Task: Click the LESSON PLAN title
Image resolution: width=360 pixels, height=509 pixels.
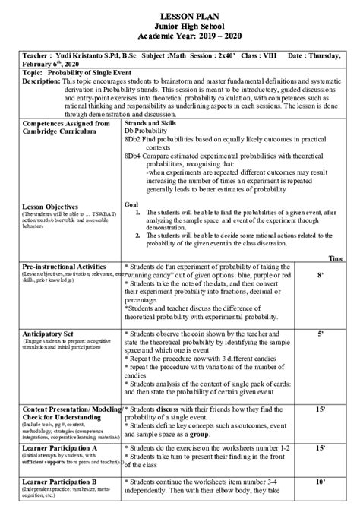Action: [x=180, y=16]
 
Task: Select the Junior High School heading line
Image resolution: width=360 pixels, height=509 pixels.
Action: [x=180, y=26]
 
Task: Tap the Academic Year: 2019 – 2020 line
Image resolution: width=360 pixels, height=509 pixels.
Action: [x=180, y=36]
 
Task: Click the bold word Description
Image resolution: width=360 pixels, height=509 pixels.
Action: [x=41, y=80]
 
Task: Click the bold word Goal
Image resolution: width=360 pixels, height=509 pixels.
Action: [x=131, y=204]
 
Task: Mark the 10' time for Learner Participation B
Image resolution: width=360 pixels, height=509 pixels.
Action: [x=321, y=482]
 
